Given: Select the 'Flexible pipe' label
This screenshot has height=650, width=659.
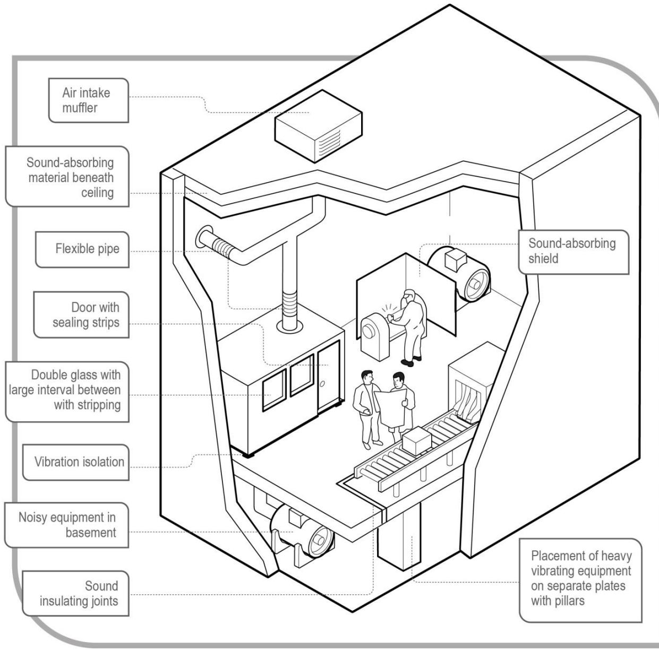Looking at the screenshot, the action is coord(82,249).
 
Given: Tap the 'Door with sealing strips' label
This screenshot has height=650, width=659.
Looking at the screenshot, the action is coord(82,315).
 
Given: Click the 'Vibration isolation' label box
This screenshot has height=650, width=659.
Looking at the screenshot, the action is coord(76,462).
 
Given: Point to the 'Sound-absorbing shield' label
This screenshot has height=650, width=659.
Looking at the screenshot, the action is coord(571,251).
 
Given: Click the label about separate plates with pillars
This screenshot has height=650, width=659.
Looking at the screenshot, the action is coord(580,578).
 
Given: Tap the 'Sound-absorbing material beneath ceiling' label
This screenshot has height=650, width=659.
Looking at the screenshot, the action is coord(68,177).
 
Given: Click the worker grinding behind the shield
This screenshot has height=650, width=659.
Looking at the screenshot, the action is coord(410,326).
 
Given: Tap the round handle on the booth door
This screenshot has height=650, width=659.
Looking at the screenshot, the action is coord(322,383).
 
